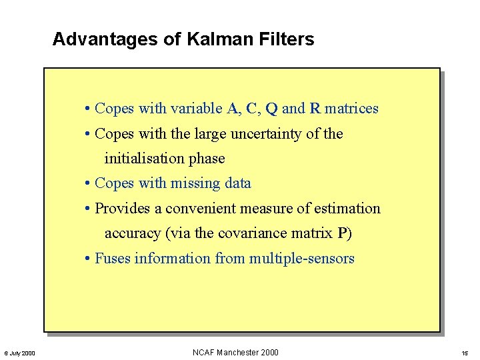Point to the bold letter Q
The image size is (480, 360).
point(271,109)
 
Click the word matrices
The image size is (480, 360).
point(351,109)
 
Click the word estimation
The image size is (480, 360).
point(347,209)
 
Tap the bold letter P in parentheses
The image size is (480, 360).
point(343,233)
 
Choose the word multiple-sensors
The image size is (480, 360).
point(301,259)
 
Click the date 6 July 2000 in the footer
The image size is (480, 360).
point(20,353)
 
